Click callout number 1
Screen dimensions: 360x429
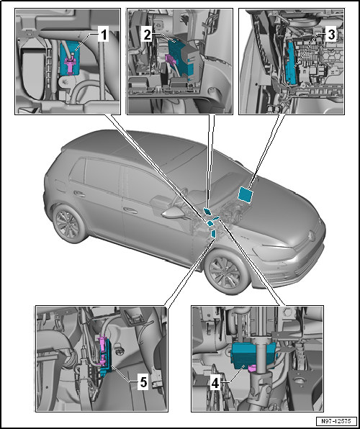pyautogui.click(x=104, y=35)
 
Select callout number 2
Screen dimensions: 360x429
pyautogui.click(x=148, y=35)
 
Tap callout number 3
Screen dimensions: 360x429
pyautogui.click(x=331, y=35)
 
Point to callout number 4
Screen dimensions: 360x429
pyautogui.click(x=215, y=384)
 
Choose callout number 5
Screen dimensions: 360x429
pyautogui.click(x=143, y=383)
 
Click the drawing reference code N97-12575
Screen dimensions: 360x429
pyautogui.click(x=336, y=421)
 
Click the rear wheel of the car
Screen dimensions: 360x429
pyautogui.click(x=66, y=223)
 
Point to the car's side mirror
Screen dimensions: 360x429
pyautogui.click(x=173, y=213)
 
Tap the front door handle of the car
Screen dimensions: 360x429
pyautogui.click(x=130, y=210)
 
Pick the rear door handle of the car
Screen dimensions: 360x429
pyautogui.click(x=79, y=194)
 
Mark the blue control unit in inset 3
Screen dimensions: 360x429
pyautogui.click(x=291, y=62)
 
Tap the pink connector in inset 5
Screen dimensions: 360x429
pyautogui.click(x=102, y=351)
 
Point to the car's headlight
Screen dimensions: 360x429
pyautogui.click(x=274, y=250)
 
